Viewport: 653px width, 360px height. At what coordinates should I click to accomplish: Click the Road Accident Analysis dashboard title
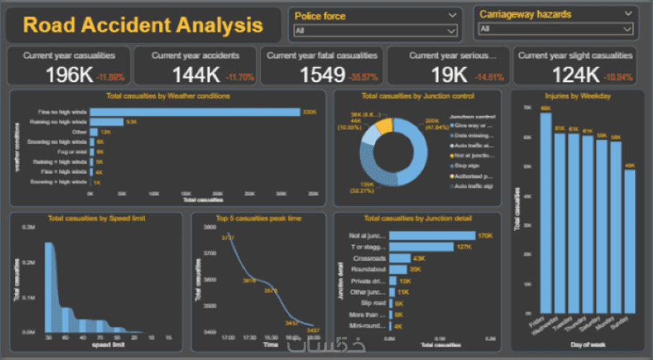[143, 25]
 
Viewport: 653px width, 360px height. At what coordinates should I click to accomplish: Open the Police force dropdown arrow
[451, 15]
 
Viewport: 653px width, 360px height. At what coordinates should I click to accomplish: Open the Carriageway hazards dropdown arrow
[629, 14]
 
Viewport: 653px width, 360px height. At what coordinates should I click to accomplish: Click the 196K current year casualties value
[69, 74]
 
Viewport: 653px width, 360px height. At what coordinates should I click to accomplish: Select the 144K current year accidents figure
[196, 74]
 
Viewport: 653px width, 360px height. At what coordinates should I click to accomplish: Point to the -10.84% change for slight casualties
[618, 77]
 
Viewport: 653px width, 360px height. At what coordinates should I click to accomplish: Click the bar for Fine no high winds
[194, 112]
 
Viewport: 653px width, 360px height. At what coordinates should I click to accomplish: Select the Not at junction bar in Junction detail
[432, 235]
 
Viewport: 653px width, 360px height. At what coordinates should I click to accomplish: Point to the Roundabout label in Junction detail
[369, 269]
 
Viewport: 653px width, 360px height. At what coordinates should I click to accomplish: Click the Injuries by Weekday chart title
[579, 96]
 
